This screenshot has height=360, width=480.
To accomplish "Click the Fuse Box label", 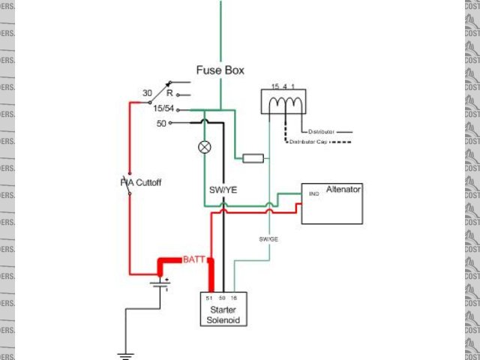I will coord(220,70).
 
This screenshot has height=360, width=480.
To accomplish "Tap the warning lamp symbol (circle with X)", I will coord(203,147).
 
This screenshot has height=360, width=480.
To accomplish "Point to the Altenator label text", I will coord(343,190).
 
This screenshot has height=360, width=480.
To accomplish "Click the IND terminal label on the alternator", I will coord(314,193).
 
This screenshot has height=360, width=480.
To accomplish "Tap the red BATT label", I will coord(194,259).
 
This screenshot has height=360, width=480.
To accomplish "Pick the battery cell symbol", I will coord(158,283).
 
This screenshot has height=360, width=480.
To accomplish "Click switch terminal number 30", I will coord(148,94).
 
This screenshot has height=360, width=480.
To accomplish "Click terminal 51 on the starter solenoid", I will coord(209,298).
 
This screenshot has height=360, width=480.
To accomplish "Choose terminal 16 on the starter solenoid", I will coord(233,298).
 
